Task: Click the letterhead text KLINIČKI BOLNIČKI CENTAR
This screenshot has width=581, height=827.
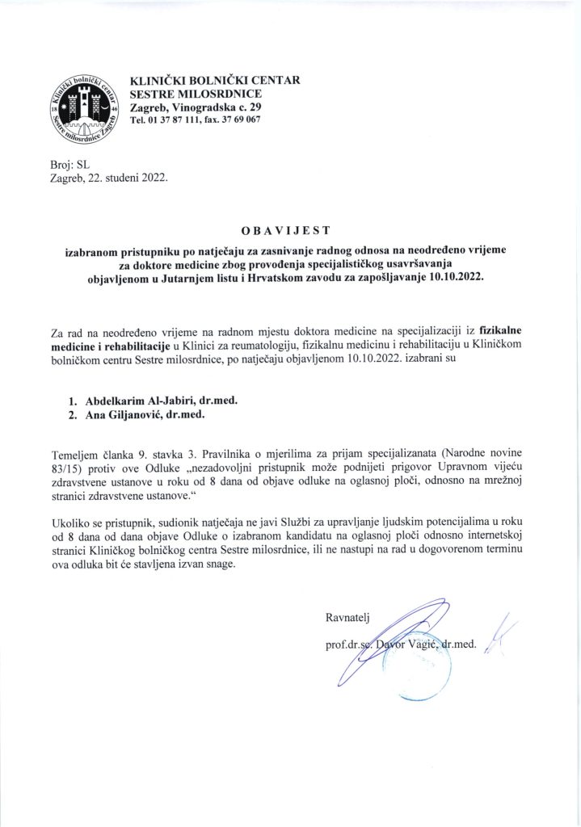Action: (215, 81)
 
